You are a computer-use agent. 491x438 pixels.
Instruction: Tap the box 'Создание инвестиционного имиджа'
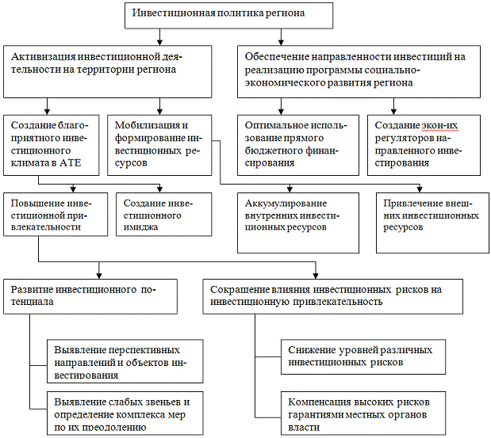click(x=164, y=214)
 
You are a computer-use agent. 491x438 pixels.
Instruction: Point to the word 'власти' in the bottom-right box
click(x=305, y=428)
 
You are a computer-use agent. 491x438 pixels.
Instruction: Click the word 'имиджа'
click(x=141, y=226)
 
